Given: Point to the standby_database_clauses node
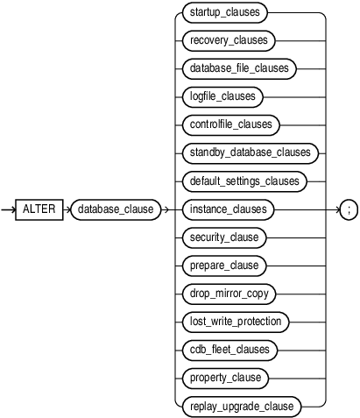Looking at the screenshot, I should point(249,152).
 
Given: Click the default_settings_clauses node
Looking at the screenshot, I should point(245,181).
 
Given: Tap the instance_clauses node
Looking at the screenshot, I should point(228,209).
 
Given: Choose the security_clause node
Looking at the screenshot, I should point(225,237).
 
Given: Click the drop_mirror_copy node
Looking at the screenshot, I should point(229,294).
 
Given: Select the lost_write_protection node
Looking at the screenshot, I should point(234,322).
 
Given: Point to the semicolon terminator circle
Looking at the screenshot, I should point(348,209).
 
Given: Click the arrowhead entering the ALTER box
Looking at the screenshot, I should point(17,209).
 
